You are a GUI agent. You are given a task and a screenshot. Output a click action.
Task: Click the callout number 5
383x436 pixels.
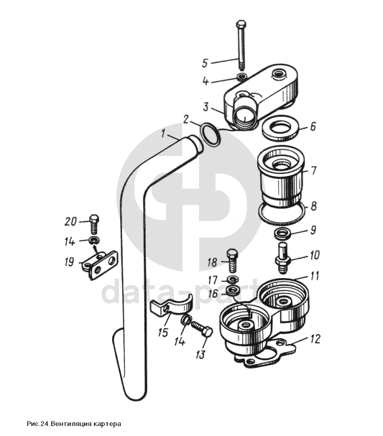(205, 62)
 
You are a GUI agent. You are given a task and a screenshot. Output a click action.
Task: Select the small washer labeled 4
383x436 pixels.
(241, 76)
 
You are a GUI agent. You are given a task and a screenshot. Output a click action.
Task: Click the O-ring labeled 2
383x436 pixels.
(211, 134)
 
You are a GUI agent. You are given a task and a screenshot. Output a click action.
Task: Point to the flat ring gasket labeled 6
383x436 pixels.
(282, 129)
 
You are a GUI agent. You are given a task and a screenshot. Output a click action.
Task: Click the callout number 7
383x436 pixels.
(313, 170)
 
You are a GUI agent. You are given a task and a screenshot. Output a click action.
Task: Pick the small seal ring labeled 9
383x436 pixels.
(282, 233)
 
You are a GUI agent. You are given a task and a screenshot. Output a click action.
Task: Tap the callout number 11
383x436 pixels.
(314, 276)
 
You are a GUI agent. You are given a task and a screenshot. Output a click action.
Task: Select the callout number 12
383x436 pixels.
(315, 339)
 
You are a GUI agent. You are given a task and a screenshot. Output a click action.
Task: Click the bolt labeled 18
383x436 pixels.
(232, 261)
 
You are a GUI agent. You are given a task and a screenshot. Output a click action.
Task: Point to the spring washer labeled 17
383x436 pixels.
(231, 279)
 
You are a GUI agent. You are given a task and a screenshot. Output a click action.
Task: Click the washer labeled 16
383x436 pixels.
(231, 290)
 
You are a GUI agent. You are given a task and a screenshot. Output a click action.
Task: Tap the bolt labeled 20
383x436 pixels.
(94, 224)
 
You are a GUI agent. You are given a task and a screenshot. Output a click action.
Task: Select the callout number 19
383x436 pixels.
(70, 262)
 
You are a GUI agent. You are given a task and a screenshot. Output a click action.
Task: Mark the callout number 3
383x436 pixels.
(206, 107)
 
